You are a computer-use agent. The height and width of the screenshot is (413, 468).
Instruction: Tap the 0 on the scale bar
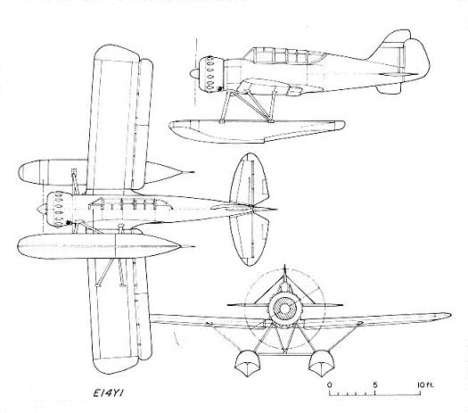[x=329, y=384]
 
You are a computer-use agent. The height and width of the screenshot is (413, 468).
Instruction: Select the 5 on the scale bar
[x=374, y=384]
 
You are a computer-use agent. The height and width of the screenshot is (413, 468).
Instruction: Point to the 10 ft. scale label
[x=425, y=384]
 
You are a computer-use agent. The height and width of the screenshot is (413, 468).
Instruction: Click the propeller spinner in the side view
[x=194, y=73]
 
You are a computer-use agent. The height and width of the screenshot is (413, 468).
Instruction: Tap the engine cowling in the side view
[x=210, y=73]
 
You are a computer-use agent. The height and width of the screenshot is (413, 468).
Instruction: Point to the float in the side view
[x=257, y=130]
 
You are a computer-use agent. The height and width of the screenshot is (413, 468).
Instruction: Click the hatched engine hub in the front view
[x=284, y=309]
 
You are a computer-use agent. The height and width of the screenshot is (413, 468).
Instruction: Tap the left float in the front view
[x=247, y=363]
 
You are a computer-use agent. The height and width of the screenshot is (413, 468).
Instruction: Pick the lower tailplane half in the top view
[x=250, y=239]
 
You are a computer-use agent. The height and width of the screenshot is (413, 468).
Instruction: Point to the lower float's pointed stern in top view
[x=185, y=247]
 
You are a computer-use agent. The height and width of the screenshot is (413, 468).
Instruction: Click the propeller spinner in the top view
[x=40, y=209]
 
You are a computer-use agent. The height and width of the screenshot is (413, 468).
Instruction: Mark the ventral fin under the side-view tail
[x=388, y=88]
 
